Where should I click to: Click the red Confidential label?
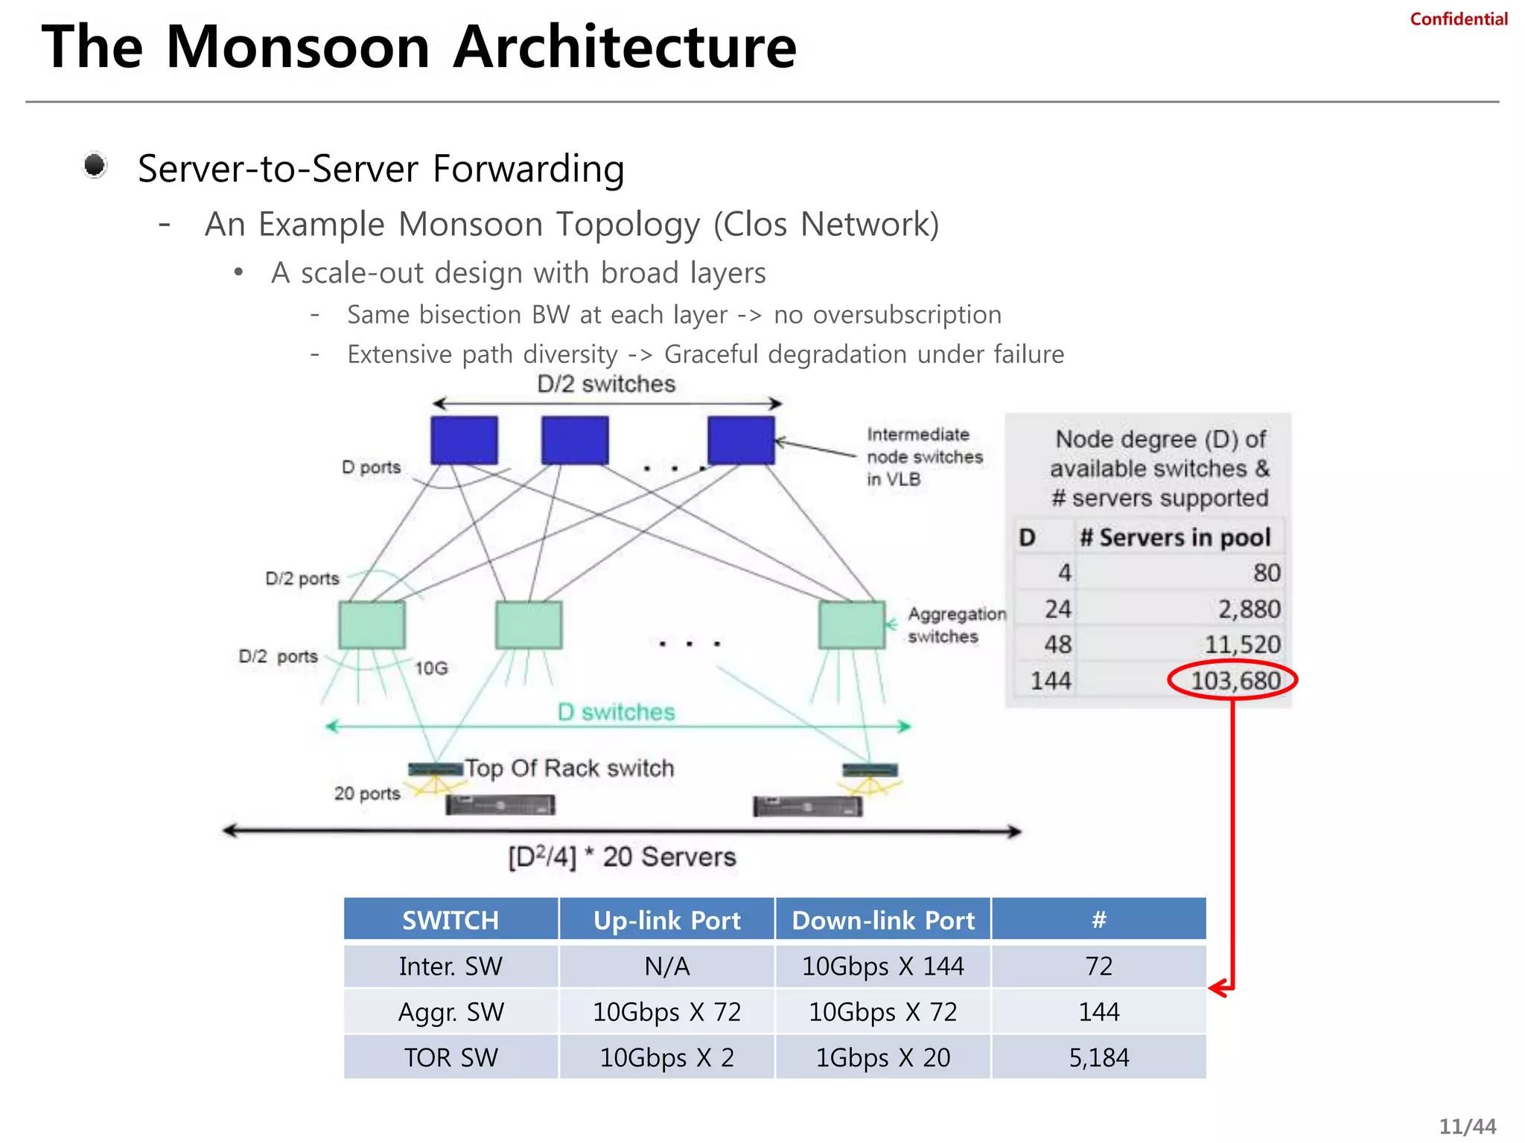pos(1458,19)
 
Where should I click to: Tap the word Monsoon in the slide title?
pos(298,48)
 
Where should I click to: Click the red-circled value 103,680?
pos(1235,680)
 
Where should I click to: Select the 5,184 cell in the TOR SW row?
pos(1098,1057)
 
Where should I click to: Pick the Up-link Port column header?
pos(666,921)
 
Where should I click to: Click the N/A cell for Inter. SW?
pos(666,966)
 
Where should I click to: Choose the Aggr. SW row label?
pos(451,1012)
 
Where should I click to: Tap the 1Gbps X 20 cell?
pos(882,1057)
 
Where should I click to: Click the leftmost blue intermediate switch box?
pos(464,441)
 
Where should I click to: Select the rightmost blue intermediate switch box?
pos(741,441)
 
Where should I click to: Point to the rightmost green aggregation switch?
pos(852,625)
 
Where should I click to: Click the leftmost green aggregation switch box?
pos(372,625)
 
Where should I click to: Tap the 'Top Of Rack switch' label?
pos(570,768)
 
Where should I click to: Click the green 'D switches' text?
pos(617,712)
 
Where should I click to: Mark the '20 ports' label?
pos(367,793)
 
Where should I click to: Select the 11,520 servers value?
pos(1242,644)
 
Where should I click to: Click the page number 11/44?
pos(1467,1127)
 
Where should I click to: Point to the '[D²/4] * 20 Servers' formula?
pos(622,857)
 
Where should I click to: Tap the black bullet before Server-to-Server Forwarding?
pos(95,165)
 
